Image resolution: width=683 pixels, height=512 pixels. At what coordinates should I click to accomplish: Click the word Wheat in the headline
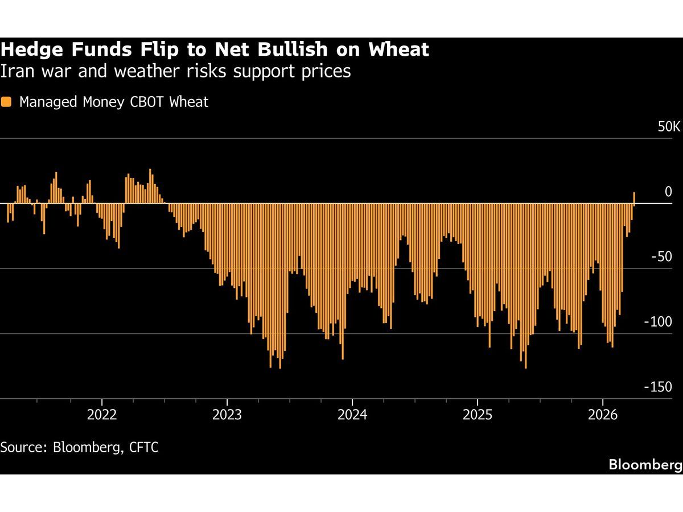pos(398,50)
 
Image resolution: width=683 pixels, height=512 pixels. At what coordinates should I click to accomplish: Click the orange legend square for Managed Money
pos(7,102)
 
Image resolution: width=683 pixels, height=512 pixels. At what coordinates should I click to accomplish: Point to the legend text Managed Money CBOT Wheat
pos(114,102)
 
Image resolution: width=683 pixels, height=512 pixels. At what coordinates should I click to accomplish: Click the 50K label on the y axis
pos(668,127)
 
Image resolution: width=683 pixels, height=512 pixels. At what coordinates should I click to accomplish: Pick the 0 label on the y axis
pos(668,192)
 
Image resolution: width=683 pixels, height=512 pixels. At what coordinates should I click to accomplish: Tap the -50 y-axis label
pos(661,257)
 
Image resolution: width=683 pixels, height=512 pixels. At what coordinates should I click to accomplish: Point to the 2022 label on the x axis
pos(102,414)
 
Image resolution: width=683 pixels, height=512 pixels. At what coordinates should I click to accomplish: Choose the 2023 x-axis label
pos(227,414)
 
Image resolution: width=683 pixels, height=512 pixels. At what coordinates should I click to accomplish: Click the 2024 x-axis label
pos(352,414)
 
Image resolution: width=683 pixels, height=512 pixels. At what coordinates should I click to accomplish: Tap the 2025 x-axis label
pos(478,414)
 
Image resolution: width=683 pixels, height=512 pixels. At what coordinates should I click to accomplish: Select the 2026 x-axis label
pos(603,414)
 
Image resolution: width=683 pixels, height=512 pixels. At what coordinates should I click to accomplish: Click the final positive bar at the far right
pos(634,197)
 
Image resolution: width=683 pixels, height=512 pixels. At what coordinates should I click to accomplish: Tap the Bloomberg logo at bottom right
pos(645,465)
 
